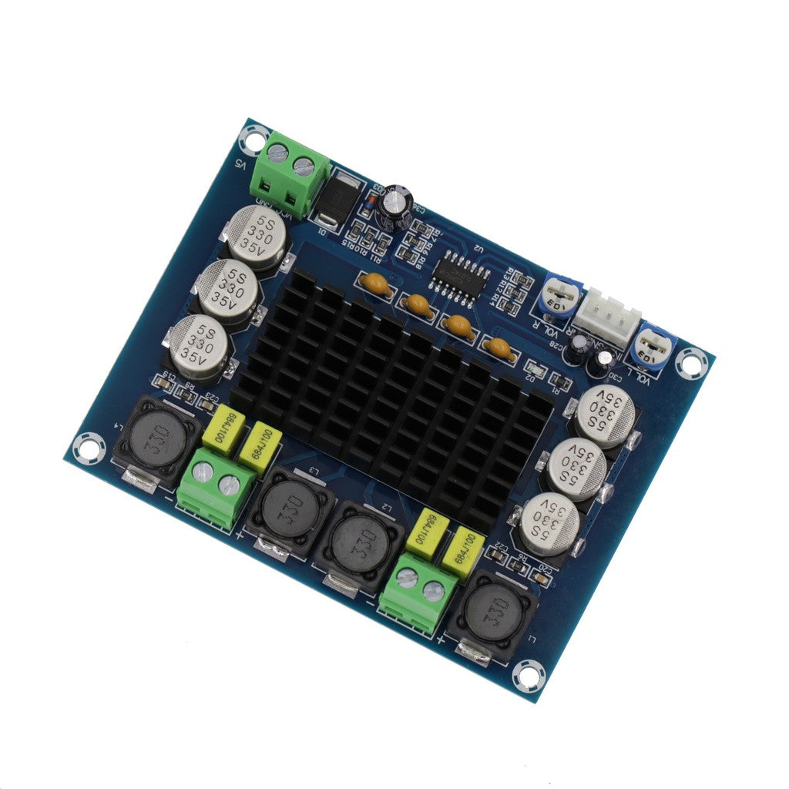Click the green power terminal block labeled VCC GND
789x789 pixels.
point(293,176)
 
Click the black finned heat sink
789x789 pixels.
point(393,393)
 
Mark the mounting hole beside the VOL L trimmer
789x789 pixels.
point(691,362)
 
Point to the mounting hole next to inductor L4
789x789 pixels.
point(88,448)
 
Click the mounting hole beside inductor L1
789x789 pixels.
point(528,676)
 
